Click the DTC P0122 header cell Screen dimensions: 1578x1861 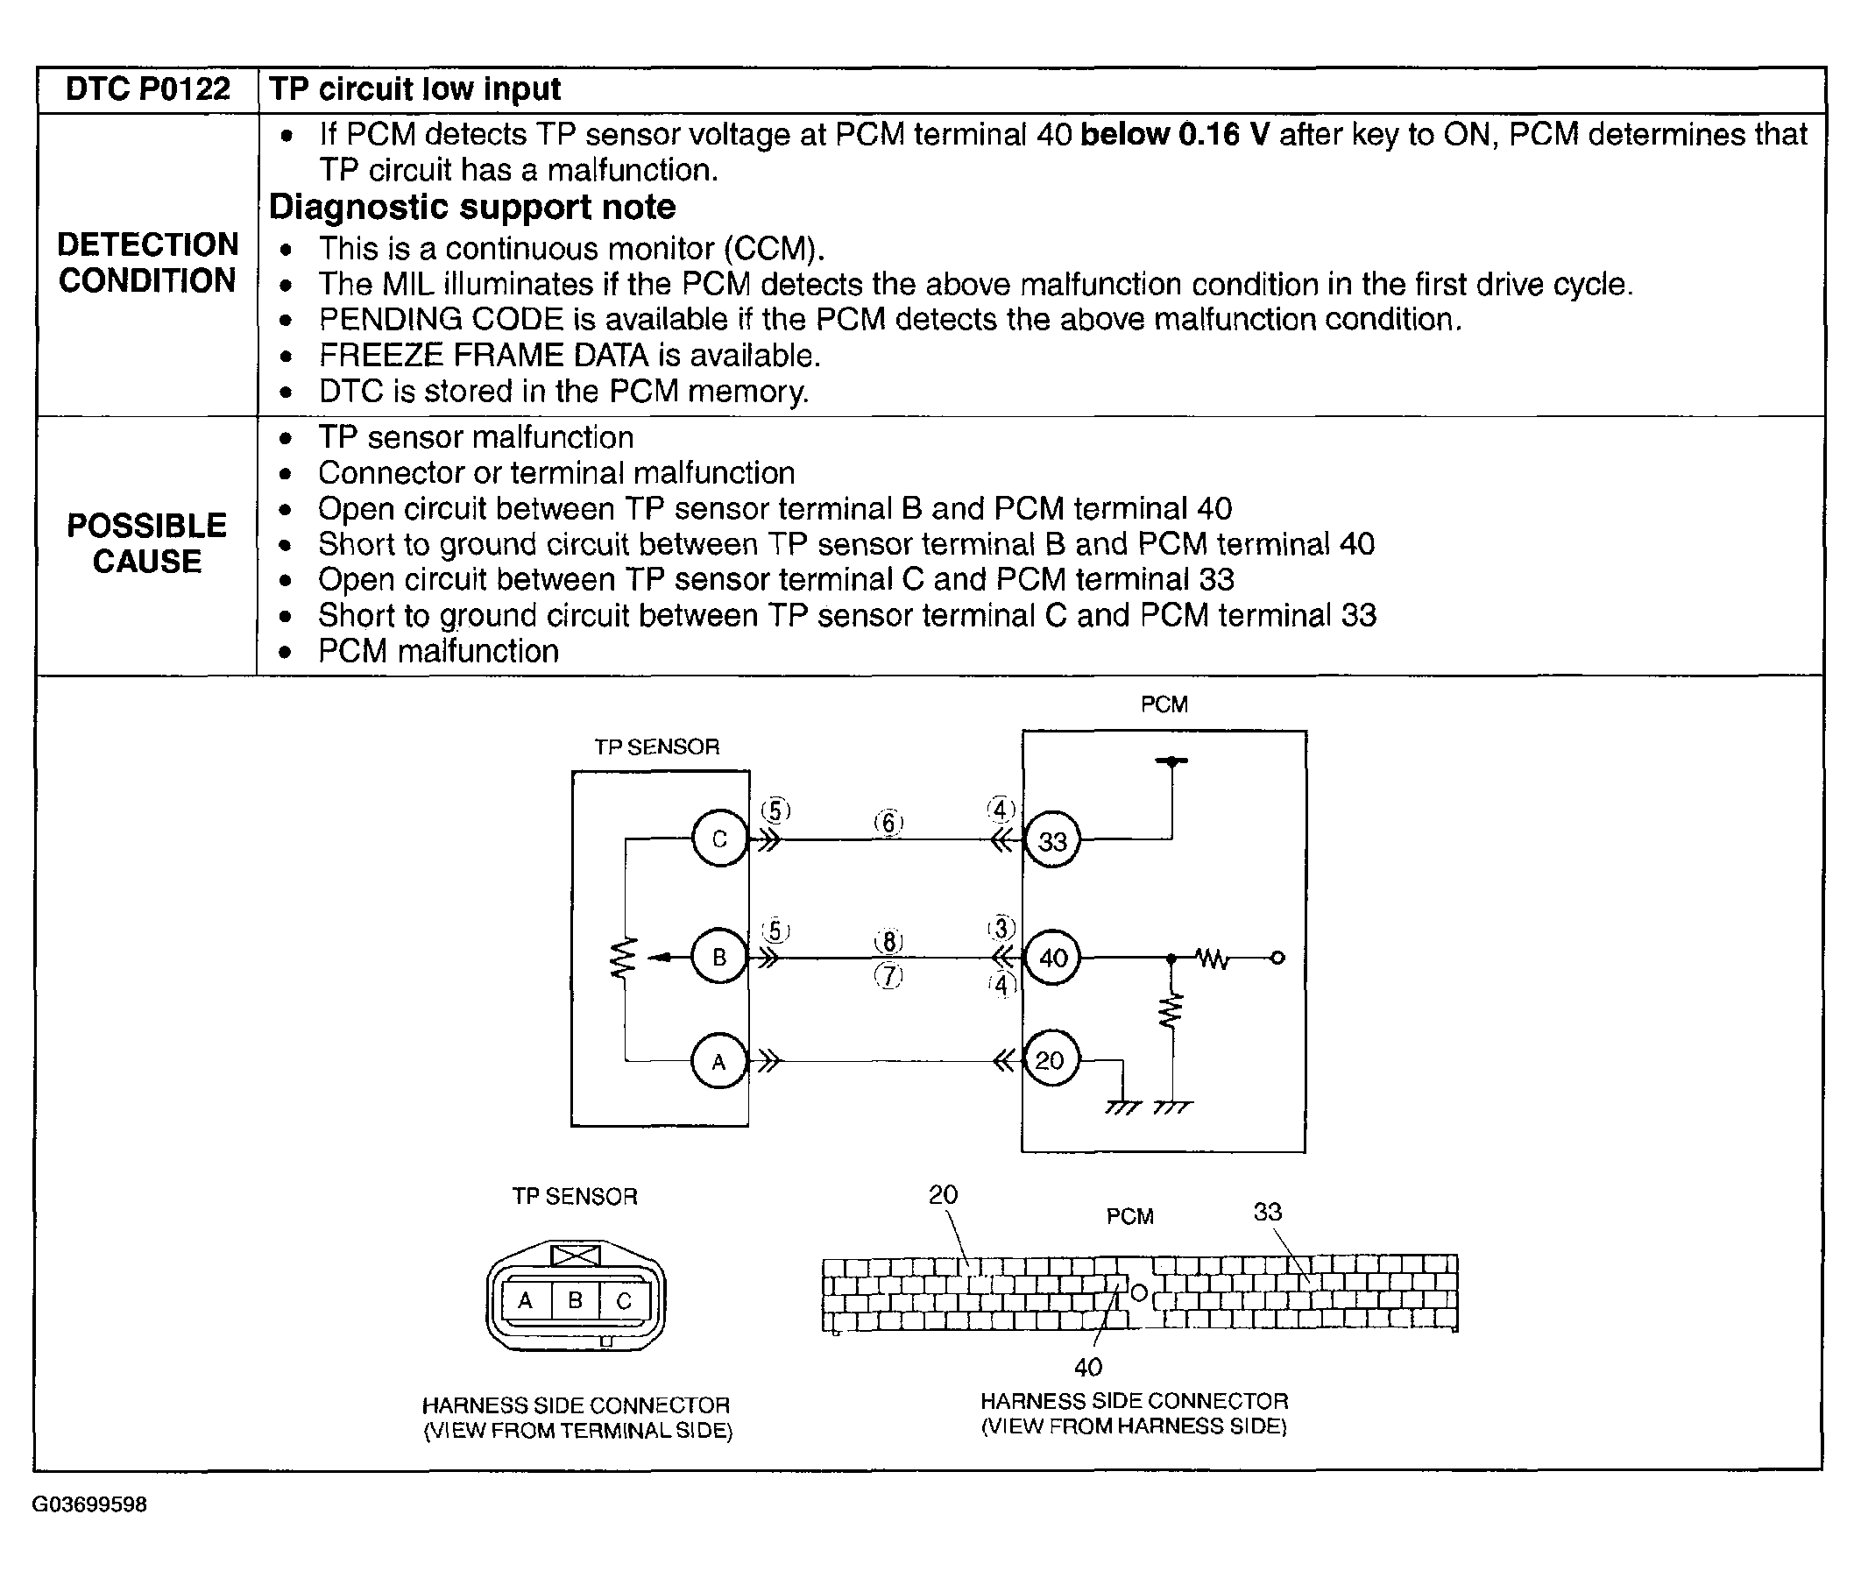147,89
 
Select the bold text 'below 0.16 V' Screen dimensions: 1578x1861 1174,134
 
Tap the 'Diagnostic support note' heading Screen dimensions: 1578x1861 472,208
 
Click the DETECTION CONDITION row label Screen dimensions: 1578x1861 147,262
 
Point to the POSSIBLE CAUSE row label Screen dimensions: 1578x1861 147,543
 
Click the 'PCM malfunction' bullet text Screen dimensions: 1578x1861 438,651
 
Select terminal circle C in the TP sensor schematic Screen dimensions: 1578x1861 719,839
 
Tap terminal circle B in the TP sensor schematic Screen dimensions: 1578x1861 719,957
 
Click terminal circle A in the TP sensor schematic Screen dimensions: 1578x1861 718,1062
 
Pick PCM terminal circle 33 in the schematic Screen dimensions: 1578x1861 1052,841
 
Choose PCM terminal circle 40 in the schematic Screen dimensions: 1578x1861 1053,958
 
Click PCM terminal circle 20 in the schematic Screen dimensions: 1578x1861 1050,1061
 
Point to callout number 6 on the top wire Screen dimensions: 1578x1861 888,822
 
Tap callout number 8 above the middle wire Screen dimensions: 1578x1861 888,941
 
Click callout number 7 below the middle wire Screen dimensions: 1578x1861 888,976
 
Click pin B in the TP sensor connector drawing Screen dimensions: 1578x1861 576,1299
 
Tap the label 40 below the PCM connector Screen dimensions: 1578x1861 1088,1367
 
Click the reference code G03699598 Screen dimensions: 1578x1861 89,1504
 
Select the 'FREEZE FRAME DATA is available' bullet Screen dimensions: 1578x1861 569,356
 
